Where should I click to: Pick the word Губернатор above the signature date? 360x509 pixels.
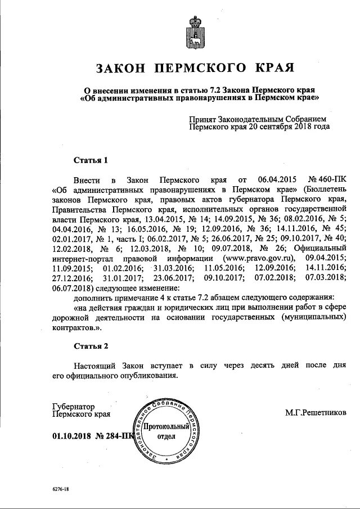[73, 406]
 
